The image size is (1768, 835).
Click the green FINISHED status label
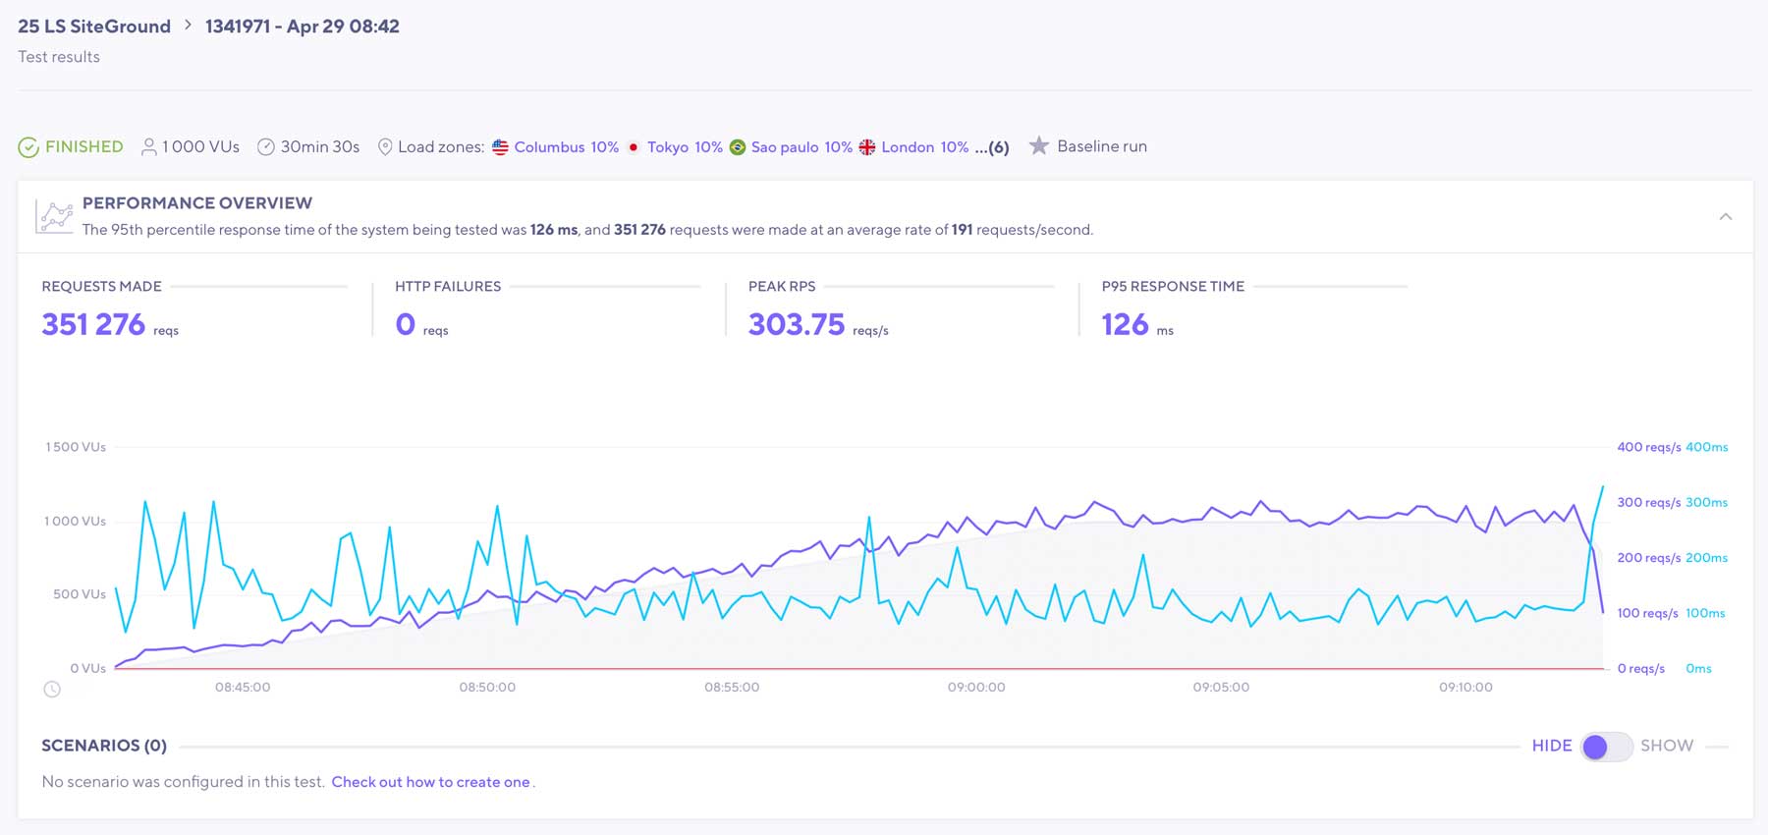83,146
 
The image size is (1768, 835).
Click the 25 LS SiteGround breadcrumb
94,27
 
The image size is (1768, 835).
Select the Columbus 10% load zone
565,147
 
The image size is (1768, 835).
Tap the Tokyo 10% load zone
684,147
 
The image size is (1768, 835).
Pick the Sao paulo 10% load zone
801,147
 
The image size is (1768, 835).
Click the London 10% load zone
923,147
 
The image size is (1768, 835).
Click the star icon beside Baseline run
1038,146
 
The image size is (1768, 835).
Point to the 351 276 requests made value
93,324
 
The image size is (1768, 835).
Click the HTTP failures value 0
405,324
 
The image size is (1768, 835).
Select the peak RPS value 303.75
796,324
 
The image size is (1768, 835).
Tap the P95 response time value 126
1125,324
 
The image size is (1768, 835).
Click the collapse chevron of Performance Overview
1725,216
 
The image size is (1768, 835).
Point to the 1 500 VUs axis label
76,447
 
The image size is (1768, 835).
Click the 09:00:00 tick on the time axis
976,687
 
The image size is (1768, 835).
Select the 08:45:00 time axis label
243,687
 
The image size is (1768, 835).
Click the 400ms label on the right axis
1706,447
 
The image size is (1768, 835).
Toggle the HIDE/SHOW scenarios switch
1606,747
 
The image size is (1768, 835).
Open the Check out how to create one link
430,782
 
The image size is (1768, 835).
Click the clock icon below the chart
52,690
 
